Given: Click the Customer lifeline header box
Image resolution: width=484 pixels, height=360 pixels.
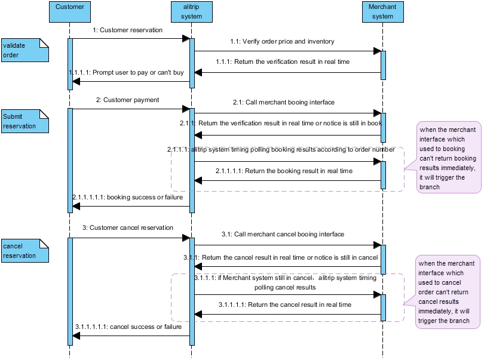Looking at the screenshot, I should (69, 12).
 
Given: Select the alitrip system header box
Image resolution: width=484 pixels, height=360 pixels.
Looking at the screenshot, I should (191, 12).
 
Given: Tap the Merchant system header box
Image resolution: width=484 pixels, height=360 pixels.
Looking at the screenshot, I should (382, 12).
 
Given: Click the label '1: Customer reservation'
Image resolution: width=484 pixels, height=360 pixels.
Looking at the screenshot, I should (127, 30).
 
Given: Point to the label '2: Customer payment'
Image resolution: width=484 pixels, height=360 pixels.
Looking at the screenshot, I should (127, 100).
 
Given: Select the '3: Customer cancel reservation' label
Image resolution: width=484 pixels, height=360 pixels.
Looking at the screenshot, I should (128, 227).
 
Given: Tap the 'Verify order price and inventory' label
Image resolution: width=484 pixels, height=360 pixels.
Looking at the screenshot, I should (283, 42).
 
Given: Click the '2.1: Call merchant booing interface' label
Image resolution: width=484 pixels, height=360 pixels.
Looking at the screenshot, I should (284, 102).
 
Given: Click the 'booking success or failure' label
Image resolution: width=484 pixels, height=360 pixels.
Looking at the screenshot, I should (127, 197).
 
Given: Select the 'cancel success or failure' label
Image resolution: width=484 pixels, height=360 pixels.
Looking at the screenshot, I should (128, 327).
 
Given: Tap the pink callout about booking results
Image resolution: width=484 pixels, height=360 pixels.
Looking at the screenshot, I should (448, 158).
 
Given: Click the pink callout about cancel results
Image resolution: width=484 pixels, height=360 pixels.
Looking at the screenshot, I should (448, 291).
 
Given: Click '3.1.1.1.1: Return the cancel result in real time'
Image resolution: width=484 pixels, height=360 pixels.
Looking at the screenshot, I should (284, 304).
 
